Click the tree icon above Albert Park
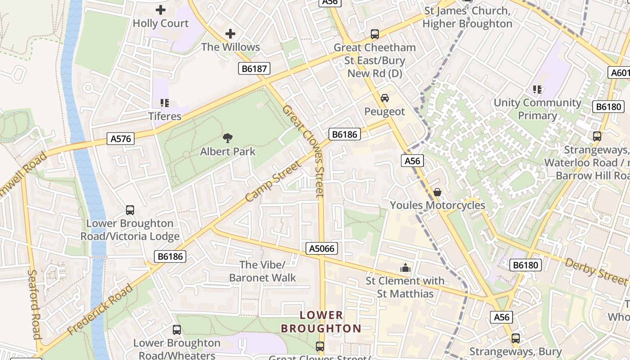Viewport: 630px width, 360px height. point(228,138)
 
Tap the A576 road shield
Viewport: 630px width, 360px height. point(121,139)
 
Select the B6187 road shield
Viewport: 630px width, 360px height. point(254,69)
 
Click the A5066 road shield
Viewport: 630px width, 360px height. point(322,248)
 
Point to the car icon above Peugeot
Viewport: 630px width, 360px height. point(384,98)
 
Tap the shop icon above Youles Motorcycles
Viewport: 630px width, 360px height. point(437,192)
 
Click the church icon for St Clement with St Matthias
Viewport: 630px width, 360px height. point(405,268)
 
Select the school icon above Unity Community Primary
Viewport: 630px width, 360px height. point(537,90)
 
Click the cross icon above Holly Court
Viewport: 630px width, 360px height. point(160,10)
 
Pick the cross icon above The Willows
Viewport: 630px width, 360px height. point(230,34)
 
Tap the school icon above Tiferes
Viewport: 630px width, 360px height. point(165,103)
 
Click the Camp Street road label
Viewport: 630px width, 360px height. point(273,181)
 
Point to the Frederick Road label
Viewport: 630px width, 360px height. point(100,310)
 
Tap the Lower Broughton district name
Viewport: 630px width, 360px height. point(321,322)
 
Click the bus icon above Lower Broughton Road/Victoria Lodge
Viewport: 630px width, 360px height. point(130,210)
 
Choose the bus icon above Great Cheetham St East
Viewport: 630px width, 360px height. point(374,34)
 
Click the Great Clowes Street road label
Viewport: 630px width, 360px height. point(304,151)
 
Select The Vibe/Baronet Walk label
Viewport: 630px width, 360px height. point(262,271)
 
